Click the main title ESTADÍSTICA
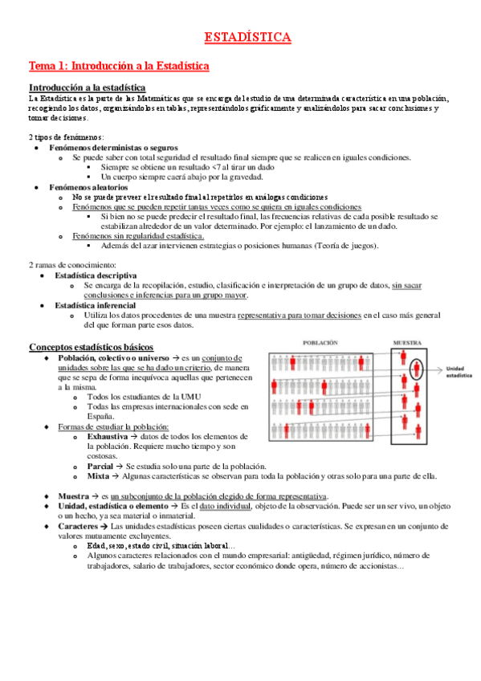click(x=247, y=37)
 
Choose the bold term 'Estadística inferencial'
click(x=96, y=305)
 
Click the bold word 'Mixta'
click(x=99, y=475)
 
